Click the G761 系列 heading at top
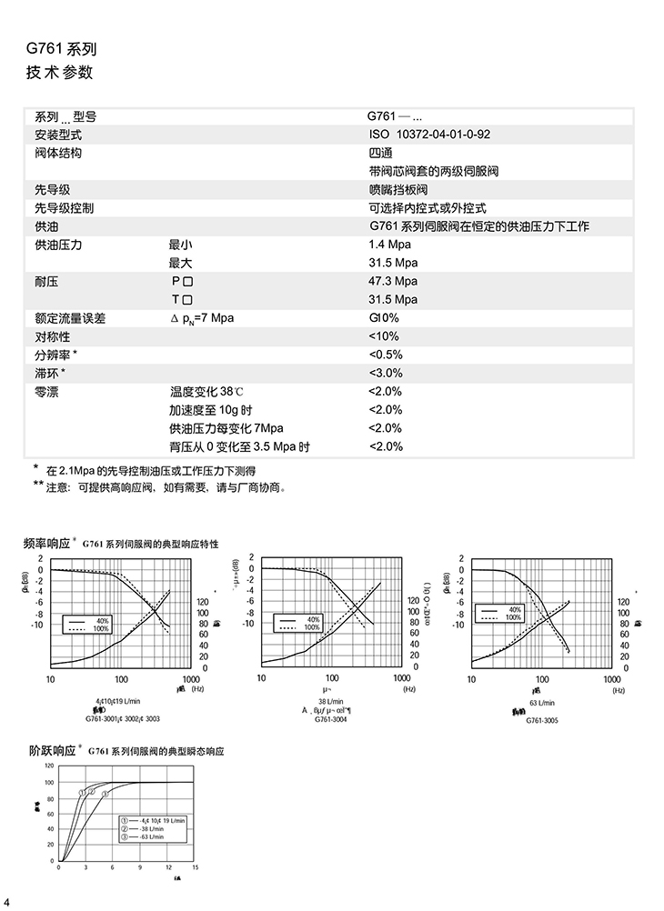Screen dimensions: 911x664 (x=62, y=49)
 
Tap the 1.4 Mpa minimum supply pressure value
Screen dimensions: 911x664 (x=389, y=245)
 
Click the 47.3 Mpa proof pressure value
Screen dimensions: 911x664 (x=392, y=281)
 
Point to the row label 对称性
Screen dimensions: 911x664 (x=52, y=336)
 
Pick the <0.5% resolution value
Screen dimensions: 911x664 (x=385, y=355)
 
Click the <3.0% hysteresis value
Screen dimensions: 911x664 (x=385, y=373)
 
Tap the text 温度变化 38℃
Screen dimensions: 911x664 (x=207, y=392)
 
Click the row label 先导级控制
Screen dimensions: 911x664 (x=64, y=208)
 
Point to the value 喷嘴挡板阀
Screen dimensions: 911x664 (x=397, y=190)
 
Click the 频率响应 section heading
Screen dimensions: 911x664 (x=47, y=544)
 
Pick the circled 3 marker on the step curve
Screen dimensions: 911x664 (x=105, y=794)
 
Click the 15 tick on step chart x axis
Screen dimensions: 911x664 (x=196, y=867)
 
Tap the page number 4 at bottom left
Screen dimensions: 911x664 (x=7, y=901)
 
